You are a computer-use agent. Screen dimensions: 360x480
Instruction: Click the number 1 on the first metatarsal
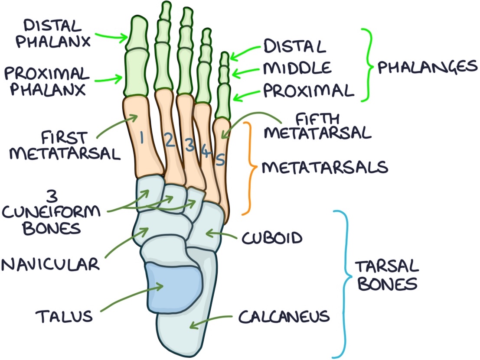[141, 138]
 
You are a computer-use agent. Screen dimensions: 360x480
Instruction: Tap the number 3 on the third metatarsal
[189, 145]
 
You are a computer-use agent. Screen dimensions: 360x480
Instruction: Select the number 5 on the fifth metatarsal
[220, 160]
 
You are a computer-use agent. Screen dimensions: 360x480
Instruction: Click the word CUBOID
[272, 238]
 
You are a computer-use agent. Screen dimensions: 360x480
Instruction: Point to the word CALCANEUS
[284, 317]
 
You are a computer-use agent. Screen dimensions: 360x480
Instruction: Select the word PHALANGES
[427, 67]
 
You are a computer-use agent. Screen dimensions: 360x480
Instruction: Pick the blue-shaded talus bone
[173, 286]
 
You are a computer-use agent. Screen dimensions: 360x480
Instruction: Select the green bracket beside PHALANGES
[367, 65]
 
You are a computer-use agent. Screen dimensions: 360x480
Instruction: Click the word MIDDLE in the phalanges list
[297, 68]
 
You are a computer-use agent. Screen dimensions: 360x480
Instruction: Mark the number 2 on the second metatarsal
[169, 141]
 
